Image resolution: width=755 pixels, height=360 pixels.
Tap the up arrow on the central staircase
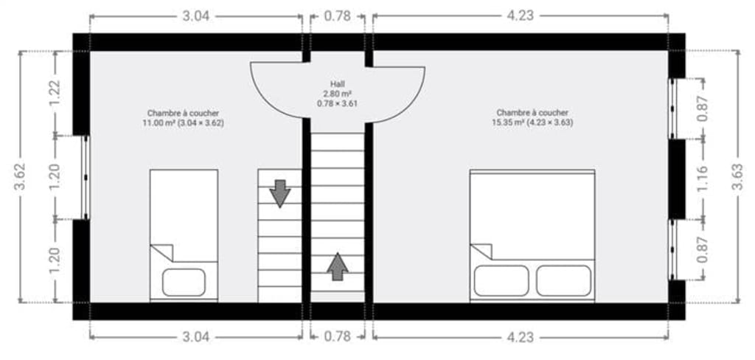pyautogui.click(x=338, y=266)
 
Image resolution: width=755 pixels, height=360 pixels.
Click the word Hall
pyautogui.click(x=337, y=84)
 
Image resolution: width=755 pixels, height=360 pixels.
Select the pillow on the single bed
pyautogui.click(x=184, y=283)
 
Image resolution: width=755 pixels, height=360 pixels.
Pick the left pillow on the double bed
pyautogui.click(x=501, y=280)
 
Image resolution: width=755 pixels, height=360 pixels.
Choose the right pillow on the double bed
pyautogui.click(x=564, y=280)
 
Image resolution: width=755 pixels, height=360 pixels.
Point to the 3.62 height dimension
pyautogui.click(x=20, y=177)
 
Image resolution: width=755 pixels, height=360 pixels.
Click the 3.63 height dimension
pyautogui.click(x=737, y=177)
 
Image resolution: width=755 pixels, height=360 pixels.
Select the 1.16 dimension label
pyautogui.click(x=703, y=179)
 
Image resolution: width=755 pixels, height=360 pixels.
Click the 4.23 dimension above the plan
pyautogui.click(x=521, y=16)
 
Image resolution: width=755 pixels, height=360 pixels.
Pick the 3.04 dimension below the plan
pyautogui.click(x=196, y=337)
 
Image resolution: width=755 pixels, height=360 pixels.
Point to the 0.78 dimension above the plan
pyautogui.click(x=337, y=16)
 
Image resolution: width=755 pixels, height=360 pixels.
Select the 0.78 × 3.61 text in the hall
pyautogui.click(x=337, y=103)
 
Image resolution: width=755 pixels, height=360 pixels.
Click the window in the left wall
pyautogui.click(x=86, y=177)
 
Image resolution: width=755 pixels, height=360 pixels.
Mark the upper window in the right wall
pyautogui.click(x=672, y=108)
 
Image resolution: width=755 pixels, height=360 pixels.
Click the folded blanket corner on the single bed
pyautogui.click(x=162, y=252)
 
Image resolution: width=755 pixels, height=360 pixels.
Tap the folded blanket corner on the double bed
pyautogui.click(x=481, y=251)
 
